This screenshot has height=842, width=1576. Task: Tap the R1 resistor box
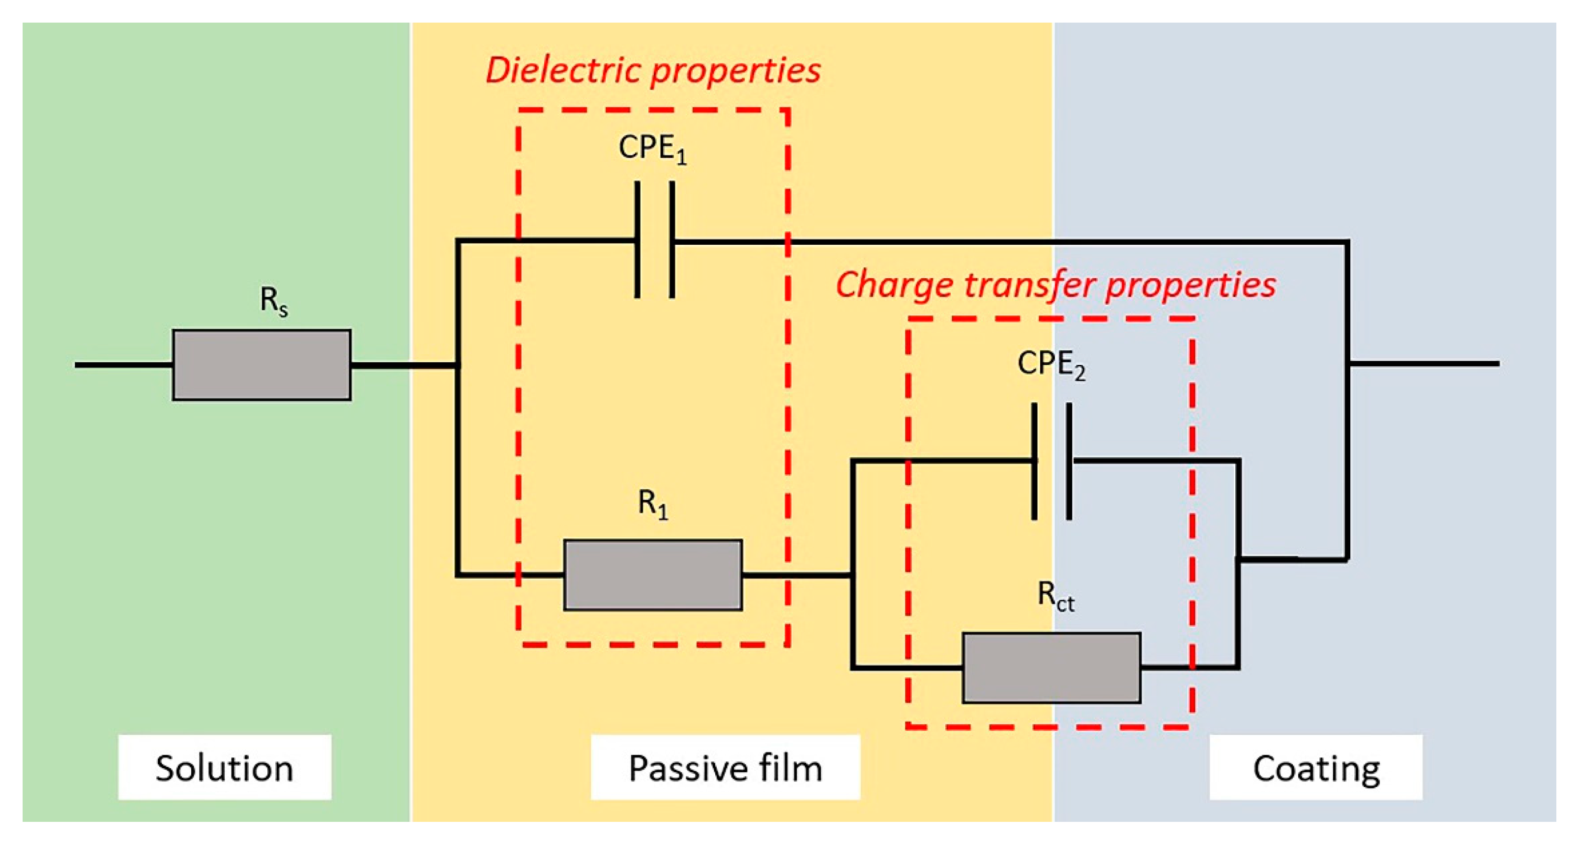point(653,575)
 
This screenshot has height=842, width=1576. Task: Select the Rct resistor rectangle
point(1051,668)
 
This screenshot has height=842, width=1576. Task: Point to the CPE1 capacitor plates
point(655,240)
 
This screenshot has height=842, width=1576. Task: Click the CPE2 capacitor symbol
point(1051,461)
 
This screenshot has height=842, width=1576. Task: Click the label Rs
point(273,301)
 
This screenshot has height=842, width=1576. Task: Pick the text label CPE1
point(652,149)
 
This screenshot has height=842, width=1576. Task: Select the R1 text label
point(653,504)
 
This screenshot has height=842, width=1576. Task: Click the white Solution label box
point(225,767)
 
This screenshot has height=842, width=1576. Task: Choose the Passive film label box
point(725,767)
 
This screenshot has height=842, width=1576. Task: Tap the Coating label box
point(1315,767)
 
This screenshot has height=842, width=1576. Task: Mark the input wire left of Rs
point(122,365)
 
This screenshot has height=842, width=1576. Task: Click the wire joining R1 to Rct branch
point(795,575)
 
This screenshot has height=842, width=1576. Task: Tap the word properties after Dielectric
point(735,71)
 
